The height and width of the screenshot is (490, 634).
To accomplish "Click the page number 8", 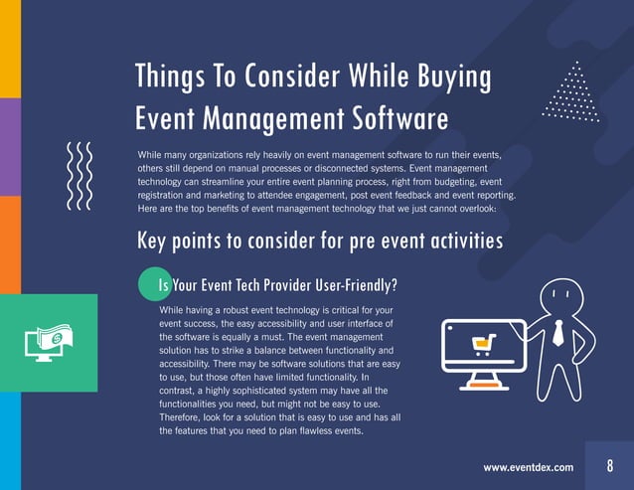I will click(x=609, y=466).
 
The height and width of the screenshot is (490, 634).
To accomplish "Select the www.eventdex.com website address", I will click(x=528, y=467).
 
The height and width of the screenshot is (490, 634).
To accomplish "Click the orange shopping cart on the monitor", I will click(x=482, y=345).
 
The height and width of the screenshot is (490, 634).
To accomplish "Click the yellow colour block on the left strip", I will click(x=10, y=48).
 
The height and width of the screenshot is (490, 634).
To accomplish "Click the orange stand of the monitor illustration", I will click(x=481, y=382).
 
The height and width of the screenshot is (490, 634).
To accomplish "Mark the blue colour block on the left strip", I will click(x=10, y=441).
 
